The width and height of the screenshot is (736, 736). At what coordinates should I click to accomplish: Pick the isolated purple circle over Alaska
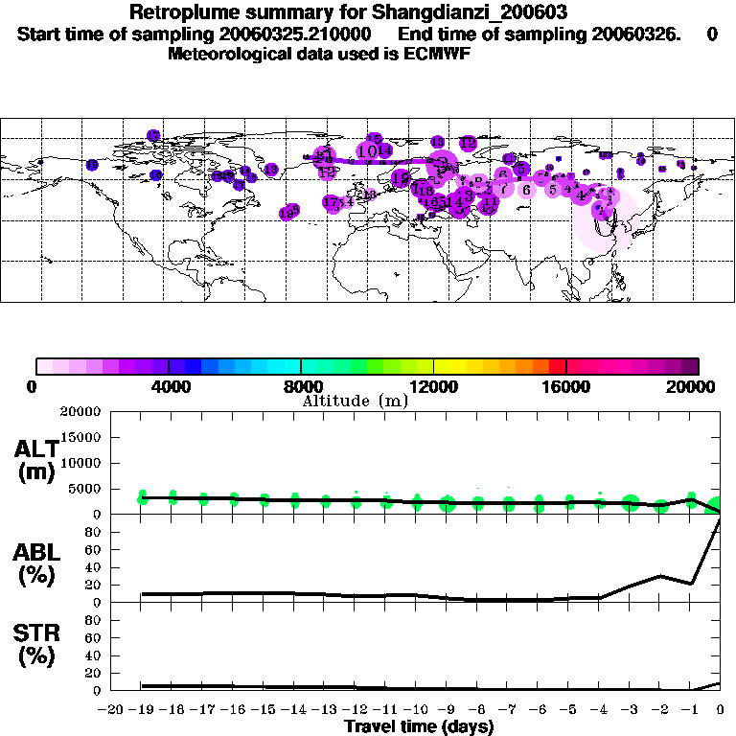click(92, 165)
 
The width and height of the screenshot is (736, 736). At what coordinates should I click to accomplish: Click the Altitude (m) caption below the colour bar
click(355, 401)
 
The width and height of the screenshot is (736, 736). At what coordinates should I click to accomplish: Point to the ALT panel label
click(35, 461)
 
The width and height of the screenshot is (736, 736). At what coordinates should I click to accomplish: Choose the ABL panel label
click(35, 565)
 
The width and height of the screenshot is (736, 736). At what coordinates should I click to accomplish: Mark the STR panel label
click(35, 645)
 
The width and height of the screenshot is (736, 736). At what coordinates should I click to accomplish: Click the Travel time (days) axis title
click(419, 727)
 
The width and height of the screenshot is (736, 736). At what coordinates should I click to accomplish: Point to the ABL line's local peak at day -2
click(660, 576)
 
